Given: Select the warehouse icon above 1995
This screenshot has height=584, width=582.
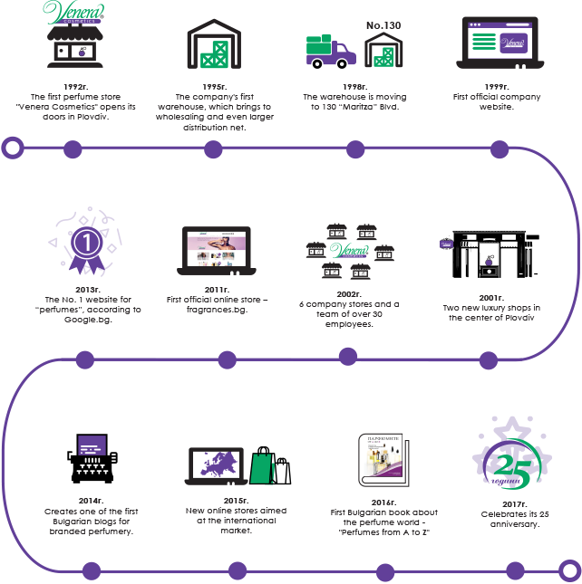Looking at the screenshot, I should [215, 43].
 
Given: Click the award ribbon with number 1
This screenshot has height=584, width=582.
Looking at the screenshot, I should [85, 243].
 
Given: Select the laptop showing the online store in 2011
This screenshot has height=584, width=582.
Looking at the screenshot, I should [216, 252].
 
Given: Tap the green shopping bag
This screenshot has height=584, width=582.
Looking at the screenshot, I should [263, 467].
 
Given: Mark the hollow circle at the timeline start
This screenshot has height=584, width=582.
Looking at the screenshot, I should [13, 147].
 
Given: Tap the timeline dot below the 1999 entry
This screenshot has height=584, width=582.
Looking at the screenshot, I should [498, 148].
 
